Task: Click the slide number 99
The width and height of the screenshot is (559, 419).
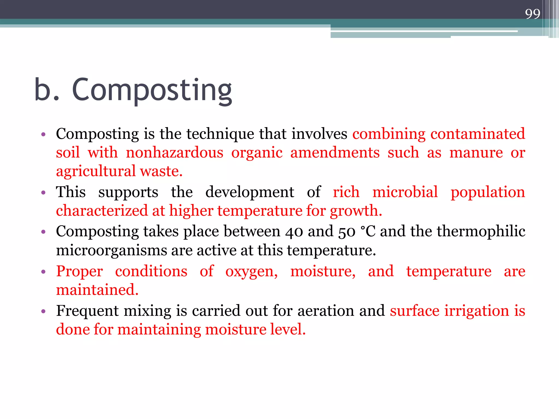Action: (533, 14)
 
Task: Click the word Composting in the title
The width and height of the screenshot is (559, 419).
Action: (152, 90)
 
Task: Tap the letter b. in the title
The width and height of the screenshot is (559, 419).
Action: (46, 90)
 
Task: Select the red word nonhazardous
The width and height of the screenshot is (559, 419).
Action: (174, 152)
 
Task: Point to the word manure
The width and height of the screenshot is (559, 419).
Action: (476, 152)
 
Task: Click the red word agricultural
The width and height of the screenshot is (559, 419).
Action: (96, 171)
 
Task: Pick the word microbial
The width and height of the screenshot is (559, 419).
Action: (405, 192)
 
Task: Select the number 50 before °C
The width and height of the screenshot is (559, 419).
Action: (347, 232)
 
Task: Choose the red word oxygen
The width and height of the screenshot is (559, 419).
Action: (251, 272)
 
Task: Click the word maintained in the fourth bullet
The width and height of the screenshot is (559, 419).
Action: (97, 290)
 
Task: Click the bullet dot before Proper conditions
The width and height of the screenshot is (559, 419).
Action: (43, 272)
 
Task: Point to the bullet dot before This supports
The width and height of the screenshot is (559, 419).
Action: (43, 193)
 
